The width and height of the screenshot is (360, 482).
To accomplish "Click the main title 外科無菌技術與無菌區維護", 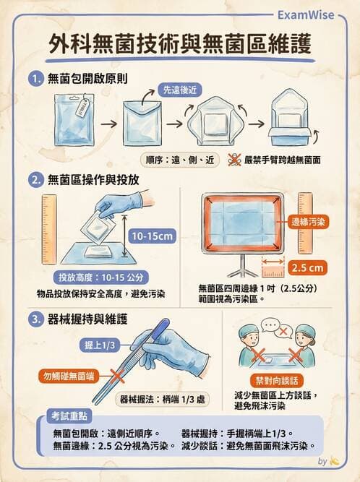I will (181, 45).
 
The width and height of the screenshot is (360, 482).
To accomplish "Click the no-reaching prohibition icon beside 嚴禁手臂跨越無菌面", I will (235, 160).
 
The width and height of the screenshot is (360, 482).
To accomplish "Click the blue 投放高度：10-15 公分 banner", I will (103, 277).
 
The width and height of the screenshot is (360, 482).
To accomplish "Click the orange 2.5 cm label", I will (307, 267).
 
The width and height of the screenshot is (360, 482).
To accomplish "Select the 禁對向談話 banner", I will (275, 380).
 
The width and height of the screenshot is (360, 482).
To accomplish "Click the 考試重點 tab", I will (69, 417).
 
